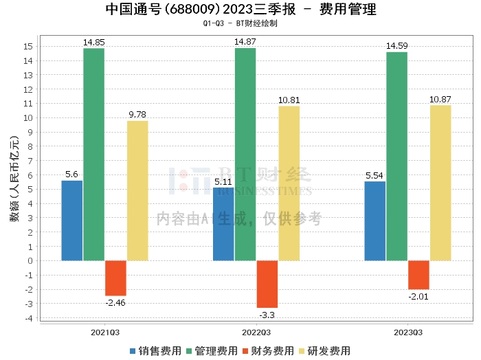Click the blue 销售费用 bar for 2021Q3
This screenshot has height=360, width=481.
tap(71, 221)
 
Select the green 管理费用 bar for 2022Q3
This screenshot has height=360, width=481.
tap(245, 155)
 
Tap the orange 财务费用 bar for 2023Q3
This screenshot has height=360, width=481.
tap(418, 275)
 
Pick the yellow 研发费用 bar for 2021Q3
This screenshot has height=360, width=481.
tap(137, 191)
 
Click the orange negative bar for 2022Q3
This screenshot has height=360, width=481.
tap(267, 284)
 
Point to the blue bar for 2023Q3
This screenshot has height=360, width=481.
tap(375, 221)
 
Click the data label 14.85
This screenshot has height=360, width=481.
tap(94, 43)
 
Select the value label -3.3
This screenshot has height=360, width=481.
tap(267, 315)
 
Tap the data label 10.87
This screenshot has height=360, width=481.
tap(440, 100)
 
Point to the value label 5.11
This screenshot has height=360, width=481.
tap(223, 182)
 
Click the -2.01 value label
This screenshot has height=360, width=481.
tap(418, 297)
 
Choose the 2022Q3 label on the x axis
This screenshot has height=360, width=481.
tap(256, 333)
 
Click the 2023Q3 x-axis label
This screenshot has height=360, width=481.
tap(408, 333)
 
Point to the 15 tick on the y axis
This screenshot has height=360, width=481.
tap(28, 47)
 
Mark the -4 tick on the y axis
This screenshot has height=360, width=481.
tap(29, 318)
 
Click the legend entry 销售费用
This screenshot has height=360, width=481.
tap(155, 351)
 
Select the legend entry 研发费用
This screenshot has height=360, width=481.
tap(324, 351)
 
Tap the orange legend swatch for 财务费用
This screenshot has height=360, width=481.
tap(245, 351)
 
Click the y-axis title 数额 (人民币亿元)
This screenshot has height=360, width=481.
tap(14, 179)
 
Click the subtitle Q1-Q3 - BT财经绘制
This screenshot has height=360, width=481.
tap(240, 23)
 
